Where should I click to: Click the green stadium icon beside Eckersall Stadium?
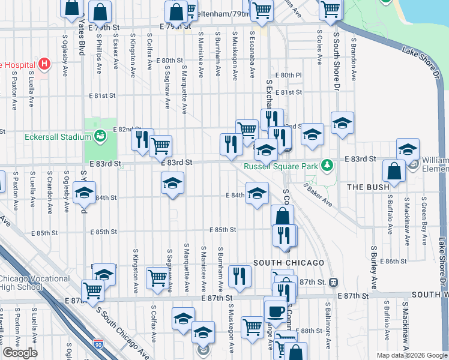pos(100,136)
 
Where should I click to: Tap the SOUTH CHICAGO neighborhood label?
pos(289,263)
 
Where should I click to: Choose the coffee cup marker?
pos(276,310)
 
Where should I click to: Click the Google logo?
pos(20,353)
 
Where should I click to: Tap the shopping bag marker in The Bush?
pos(394,171)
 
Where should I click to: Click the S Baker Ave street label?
pos(318,195)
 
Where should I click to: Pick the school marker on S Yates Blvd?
pos(84,193)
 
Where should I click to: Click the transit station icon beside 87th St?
pos(334,282)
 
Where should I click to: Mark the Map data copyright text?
pos(411,355)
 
